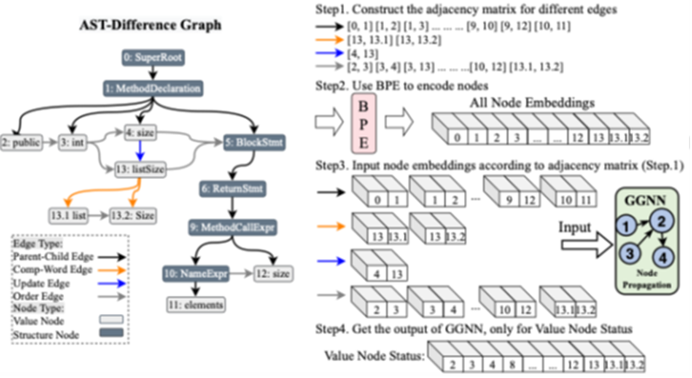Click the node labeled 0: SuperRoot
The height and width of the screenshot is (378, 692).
click(149, 58)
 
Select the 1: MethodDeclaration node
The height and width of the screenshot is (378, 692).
click(150, 88)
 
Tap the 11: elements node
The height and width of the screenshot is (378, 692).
click(194, 304)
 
